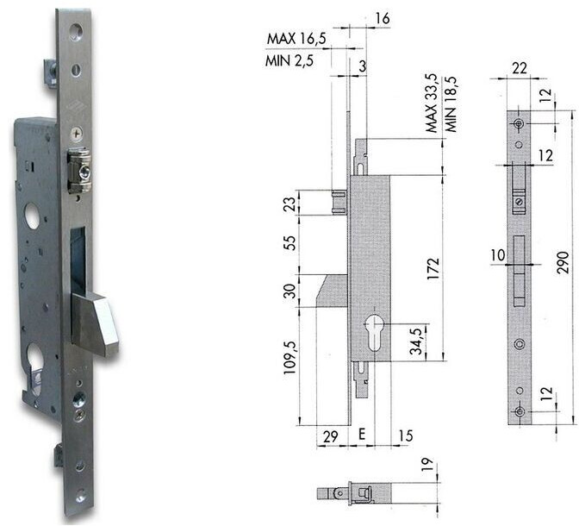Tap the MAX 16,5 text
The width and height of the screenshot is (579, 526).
coord(294,39)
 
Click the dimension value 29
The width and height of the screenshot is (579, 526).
coord(328,436)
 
